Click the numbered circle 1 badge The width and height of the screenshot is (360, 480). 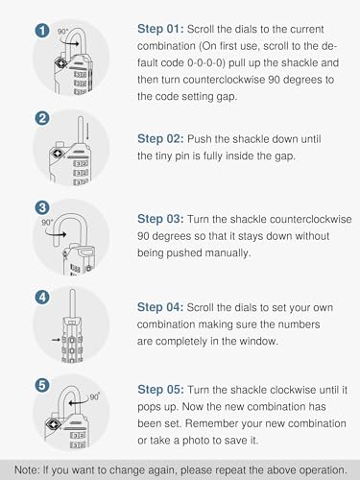(x=42, y=31)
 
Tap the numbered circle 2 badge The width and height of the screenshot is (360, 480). (x=42, y=119)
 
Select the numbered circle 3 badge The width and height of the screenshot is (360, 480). (x=42, y=208)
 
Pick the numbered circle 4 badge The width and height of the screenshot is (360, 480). (x=42, y=298)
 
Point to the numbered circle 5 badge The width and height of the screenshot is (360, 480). (x=42, y=386)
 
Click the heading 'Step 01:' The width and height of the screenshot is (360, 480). (x=160, y=29)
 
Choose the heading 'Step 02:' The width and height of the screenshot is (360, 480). (x=160, y=139)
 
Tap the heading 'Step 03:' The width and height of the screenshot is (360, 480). (x=160, y=219)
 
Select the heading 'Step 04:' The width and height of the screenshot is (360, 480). (x=160, y=307)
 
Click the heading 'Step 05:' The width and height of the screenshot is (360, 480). (x=160, y=390)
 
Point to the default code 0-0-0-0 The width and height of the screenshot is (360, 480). (x=205, y=62)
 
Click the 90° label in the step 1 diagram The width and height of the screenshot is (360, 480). (x=62, y=32)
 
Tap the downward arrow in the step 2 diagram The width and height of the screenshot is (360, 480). (x=87, y=133)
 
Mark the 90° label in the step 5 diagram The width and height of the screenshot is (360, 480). (x=95, y=396)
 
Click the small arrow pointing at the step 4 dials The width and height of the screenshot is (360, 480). (x=56, y=340)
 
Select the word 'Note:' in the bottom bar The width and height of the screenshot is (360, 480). (x=27, y=470)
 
